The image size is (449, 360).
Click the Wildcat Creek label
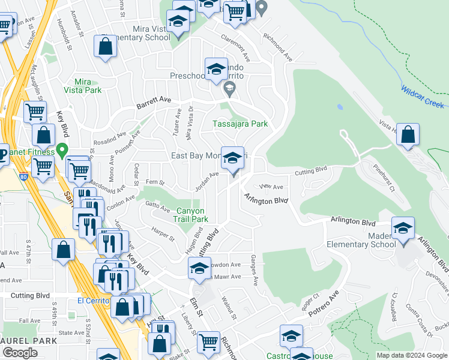click(x=423, y=96)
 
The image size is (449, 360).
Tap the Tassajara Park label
click(x=240, y=124)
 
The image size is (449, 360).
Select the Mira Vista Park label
click(x=82, y=86)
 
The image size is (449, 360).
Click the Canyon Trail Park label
click(x=190, y=215)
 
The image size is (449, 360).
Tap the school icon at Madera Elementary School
click(x=403, y=228)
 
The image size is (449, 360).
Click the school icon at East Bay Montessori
click(x=233, y=158)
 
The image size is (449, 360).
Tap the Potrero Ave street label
click(x=324, y=303)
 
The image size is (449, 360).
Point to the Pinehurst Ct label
click(x=384, y=178)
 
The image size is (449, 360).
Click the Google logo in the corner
click(x=20, y=353)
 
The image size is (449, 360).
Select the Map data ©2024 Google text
click(x=412, y=355)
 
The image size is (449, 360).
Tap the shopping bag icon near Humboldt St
click(x=106, y=46)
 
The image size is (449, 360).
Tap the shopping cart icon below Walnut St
click(x=208, y=341)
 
